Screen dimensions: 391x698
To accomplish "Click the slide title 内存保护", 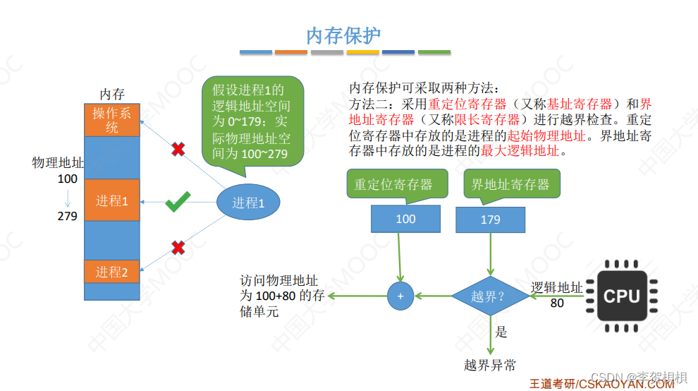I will [344, 36].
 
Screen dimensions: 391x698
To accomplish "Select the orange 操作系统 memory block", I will [112, 121].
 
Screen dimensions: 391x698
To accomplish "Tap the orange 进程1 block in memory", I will [112, 200].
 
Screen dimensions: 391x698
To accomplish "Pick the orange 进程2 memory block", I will [112, 272].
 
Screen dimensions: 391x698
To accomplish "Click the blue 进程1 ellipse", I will [248, 203].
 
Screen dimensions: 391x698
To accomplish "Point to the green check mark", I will [178, 204].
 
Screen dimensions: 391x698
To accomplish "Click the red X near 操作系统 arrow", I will [179, 149].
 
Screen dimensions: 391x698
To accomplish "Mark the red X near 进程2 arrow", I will [178, 248].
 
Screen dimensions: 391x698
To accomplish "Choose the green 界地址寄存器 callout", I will [510, 184].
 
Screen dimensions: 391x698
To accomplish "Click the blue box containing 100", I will [405, 219].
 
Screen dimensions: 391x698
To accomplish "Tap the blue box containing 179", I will [491, 219].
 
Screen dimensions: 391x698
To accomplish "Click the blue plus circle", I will [400, 296].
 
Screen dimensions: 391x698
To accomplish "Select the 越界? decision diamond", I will [491, 296].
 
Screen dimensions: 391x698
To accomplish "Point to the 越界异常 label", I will [490, 365].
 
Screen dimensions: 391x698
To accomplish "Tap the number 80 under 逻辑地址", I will [557, 303].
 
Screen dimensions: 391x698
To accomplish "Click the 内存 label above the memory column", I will [112, 94].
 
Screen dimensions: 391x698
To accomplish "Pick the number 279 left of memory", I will [68, 216].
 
